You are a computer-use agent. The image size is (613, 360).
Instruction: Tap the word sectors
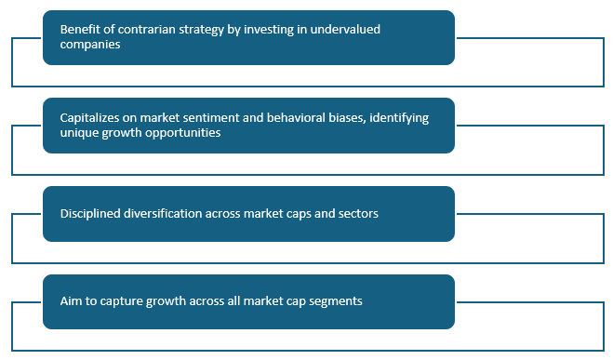pos(356,213)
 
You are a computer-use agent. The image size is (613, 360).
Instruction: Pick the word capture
pos(127,301)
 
